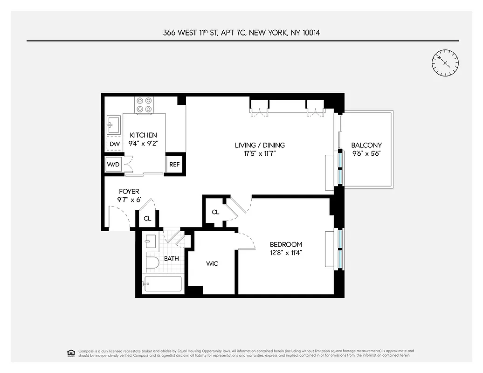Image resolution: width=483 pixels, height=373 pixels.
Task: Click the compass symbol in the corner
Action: pyautogui.click(x=445, y=62)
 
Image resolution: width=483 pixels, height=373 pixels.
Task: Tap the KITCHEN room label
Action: pyautogui.click(x=143, y=135)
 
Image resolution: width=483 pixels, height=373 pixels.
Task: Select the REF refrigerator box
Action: pyautogui.click(x=174, y=164)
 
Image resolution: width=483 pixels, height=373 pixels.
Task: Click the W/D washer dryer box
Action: pyautogui.click(x=113, y=165)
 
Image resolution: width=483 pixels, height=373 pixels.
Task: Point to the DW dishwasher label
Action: pyautogui.click(x=114, y=144)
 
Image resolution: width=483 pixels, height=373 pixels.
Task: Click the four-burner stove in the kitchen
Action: pyautogui.click(x=144, y=104)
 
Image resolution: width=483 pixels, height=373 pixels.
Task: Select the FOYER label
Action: pyautogui.click(x=129, y=192)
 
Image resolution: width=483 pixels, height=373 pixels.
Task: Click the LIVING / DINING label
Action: pyautogui.click(x=259, y=145)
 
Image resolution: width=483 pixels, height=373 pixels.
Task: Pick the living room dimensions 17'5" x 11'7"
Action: pyautogui.click(x=259, y=154)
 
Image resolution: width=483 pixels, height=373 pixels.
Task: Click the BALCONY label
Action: pyautogui.click(x=366, y=145)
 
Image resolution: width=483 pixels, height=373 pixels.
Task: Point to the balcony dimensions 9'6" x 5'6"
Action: pyautogui.click(x=366, y=154)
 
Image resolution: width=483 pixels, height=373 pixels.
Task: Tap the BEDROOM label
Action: pyautogui.click(x=286, y=244)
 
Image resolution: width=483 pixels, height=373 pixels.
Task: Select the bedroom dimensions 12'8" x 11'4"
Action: pyautogui.click(x=286, y=253)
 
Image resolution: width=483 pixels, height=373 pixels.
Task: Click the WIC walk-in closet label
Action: pyautogui.click(x=212, y=264)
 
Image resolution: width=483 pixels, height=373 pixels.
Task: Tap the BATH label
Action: pyautogui.click(x=171, y=258)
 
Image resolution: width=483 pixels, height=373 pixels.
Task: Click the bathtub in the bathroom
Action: pyautogui.click(x=162, y=284)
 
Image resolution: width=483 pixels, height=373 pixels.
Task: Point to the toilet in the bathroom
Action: pyautogui.click(x=151, y=263)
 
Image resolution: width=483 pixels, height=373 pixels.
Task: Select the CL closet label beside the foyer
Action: pyautogui.click(x=147, y=218)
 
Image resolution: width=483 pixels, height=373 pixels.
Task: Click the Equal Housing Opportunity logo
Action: pyautogui.click(x=71, y=352)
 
